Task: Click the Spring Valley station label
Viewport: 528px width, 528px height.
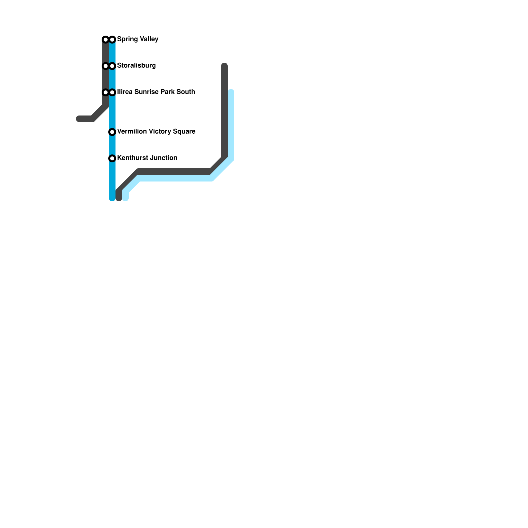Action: pyautogui.click(x=138, y=39)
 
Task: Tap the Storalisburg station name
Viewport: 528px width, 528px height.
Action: pyautogui.click(x=136, y=65)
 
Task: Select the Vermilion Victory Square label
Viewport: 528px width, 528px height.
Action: pyautogui.click(x=156, y=131)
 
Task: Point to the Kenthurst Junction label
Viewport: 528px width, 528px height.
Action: pyautogui.click(x=147, y=158)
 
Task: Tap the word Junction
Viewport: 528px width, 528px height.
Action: pyautogui.click(x=162, y=158)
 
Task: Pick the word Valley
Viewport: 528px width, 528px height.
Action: pyautogui.click(x=149, y=39)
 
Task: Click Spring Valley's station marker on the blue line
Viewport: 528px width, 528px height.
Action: pyautogui.click(x=112, y=40)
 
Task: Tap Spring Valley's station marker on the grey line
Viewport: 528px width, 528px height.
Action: pyautogui.click(x=106, y=40)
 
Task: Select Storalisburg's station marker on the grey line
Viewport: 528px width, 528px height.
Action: pyautogui.click(x=106, y=66)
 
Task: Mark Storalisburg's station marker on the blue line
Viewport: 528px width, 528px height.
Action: pyautogui.click(x=112, y=66)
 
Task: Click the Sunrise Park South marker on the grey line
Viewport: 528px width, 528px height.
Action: pyautogui.click(x=106, y=92)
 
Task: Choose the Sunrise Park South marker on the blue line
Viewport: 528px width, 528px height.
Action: pyautogui.click(x=112, y=92)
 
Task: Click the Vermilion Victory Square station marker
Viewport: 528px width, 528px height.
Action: pyautogui.click(x=112, y=132)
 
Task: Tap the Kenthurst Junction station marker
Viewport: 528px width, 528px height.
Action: pyautogui.click(x=112, y=158)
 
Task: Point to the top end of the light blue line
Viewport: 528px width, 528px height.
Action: pyautogui.click(x=231, y=92)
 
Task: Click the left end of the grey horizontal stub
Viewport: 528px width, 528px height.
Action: pyautogui.click(x=79, y=119)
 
